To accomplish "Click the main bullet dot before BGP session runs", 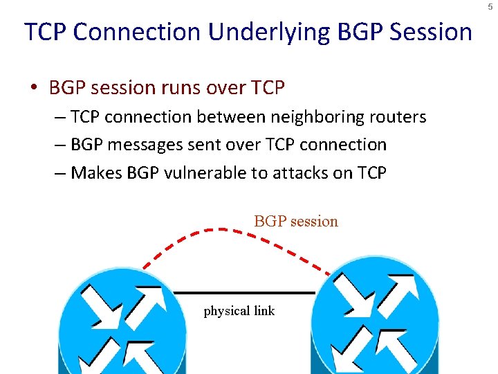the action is tap(33, 89).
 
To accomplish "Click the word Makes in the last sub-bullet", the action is tap(97, 172).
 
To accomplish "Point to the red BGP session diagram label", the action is tap(296, 222).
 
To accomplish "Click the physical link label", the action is tap(239, 311).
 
